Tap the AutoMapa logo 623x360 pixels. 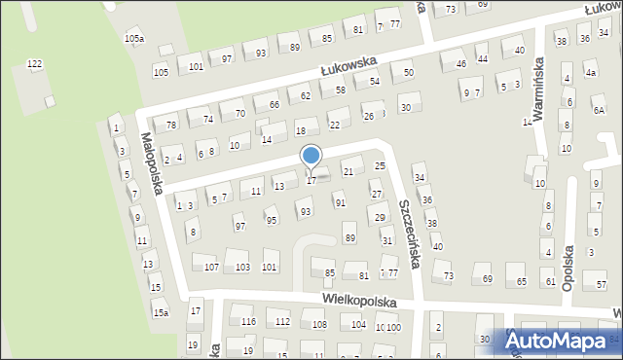562,340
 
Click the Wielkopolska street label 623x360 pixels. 360,302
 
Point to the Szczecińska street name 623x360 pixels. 408,236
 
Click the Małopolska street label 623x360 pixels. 156,162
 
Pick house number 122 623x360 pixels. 35,64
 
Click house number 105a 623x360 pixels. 134,38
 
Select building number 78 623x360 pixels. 171,125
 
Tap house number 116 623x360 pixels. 248,321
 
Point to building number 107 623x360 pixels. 211,267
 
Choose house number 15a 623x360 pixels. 160,312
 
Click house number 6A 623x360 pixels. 599,111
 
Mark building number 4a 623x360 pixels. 590,73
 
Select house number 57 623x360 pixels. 602,284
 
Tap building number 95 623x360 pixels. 272,220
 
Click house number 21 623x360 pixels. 348,171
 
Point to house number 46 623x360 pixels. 460,64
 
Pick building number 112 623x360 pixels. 282,321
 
